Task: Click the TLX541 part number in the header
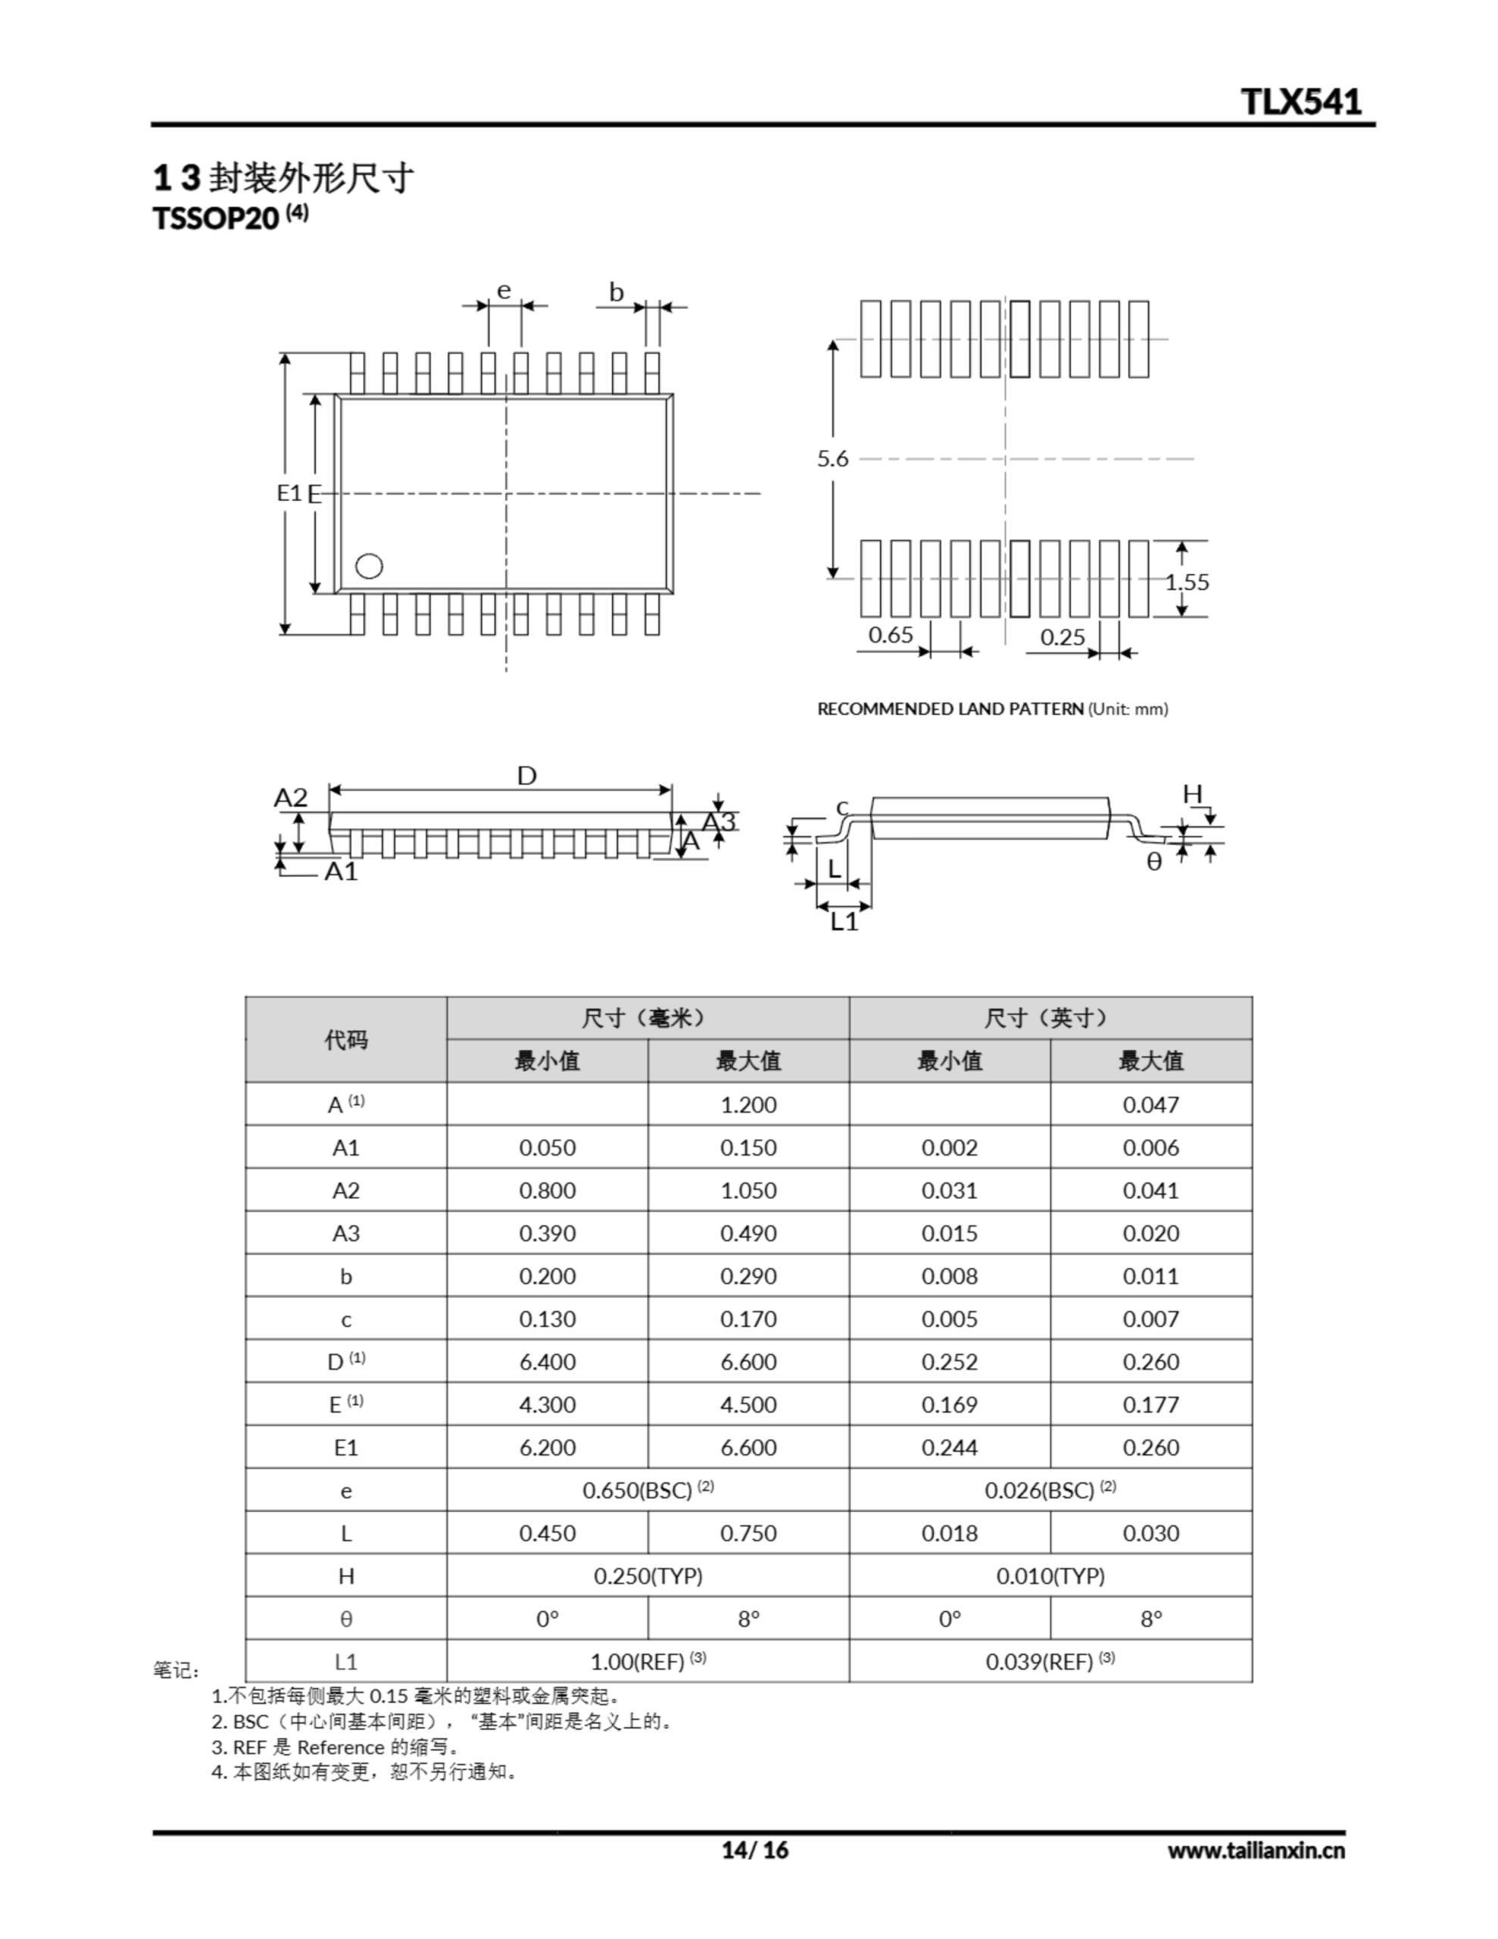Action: (x=1300, y=101)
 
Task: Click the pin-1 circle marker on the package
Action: (x=369, y=566)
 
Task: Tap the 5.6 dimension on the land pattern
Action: (x=832, y=459)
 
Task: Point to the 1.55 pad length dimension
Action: (x=1187, y=582)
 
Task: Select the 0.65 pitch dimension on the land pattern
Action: (x=890, y=635)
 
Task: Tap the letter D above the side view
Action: (x=526, y=776)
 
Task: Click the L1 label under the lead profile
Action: (x=844, y=923)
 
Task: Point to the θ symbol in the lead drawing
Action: (x=1153, y=862)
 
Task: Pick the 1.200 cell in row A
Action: (x=747, y=1104)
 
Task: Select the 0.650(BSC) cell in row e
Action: (x=648, y=1491)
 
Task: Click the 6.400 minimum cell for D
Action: (x=547, y=1362)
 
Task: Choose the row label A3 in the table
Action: (x=345, y=1233)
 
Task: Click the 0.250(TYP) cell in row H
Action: (x=648, y=1576)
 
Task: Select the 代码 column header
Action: (x=345, y=1040)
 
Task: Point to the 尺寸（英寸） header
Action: (x=1050, y=1018)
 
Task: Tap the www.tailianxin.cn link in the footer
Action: (x=1255, y=1850)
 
